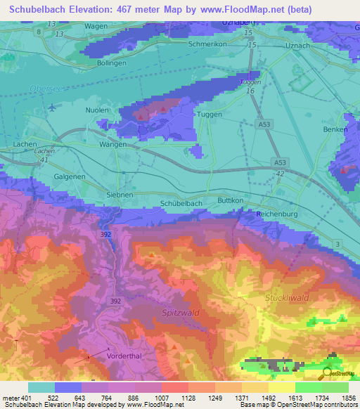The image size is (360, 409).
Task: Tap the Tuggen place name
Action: pos(210,115)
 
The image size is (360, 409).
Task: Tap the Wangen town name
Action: pos(112,144)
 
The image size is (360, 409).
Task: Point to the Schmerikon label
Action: pos(210,44)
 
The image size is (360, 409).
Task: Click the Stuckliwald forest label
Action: pos(287,298)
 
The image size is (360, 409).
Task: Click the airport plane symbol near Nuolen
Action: pos(54,108)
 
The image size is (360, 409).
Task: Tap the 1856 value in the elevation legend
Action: pos(349,397)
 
